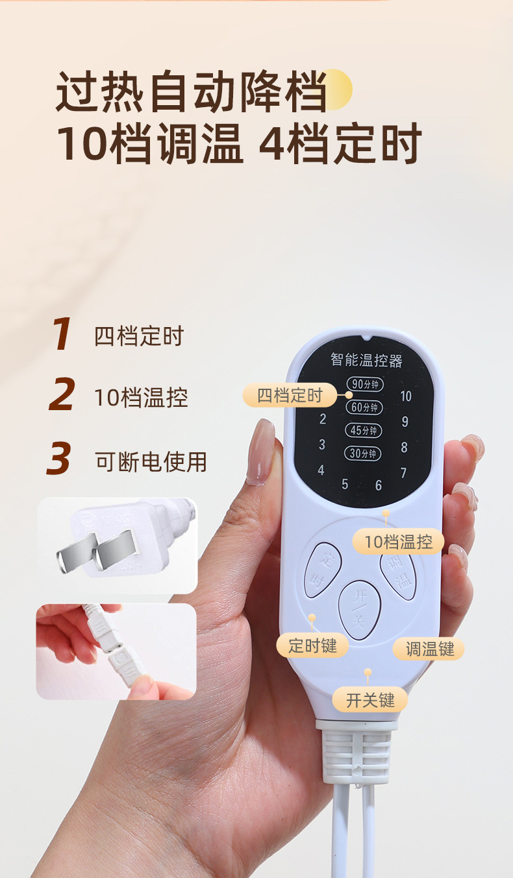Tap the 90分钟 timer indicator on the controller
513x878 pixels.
coord(365,384)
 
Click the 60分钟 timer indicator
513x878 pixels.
coord(364,408)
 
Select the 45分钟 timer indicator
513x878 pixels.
coord(363,430)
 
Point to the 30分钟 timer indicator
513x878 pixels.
coord(362,454)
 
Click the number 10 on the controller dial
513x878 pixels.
coord(406,396)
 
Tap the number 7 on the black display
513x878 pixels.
coord(403,473)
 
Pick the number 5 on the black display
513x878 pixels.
coord(345,485)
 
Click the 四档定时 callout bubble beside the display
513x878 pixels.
coord(290,395)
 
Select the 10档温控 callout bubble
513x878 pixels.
coord(399,542)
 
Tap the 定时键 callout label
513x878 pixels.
coord(312,646)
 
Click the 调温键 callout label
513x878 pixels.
coord(429,649)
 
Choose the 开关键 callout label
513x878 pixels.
coord(370,700)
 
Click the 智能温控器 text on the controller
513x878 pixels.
coord(366,360)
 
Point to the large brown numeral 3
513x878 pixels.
coord(59,457)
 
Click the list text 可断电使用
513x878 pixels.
coord(151,462)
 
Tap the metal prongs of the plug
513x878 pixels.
coord(98,550)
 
